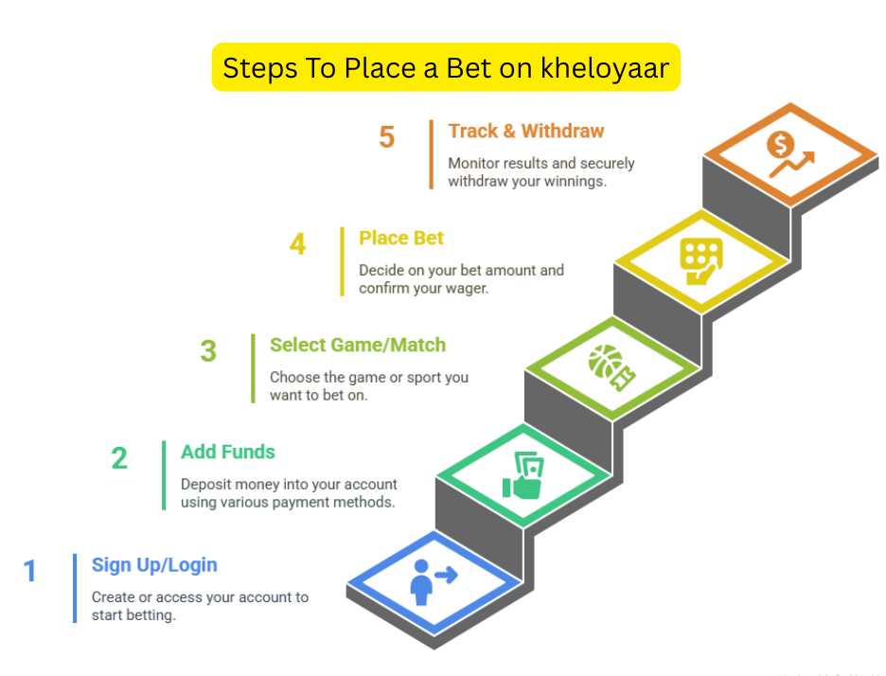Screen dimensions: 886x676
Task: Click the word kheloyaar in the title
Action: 605,68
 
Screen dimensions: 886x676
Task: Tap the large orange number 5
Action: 386,136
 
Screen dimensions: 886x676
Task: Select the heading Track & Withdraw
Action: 526,132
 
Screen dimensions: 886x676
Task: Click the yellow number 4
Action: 298,244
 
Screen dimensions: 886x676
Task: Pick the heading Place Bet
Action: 401,238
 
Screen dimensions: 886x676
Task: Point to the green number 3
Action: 208,351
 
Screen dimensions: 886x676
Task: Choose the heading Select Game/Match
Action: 358,345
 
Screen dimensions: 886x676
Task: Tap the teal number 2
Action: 119,458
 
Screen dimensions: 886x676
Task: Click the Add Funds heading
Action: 228,453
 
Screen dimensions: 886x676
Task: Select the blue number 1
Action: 30,571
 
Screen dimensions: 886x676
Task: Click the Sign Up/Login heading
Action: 154,565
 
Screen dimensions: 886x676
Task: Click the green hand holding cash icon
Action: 523,476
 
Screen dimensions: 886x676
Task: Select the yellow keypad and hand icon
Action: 700,261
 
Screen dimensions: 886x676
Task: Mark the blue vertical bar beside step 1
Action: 75,588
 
